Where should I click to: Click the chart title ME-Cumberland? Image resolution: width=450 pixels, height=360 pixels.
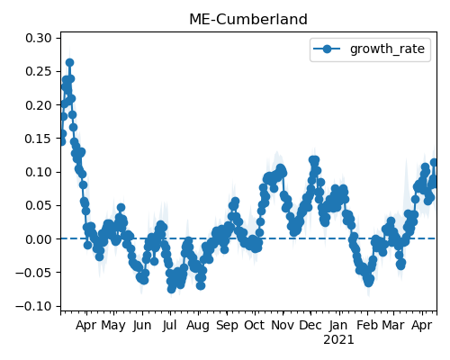[x=248, y=20]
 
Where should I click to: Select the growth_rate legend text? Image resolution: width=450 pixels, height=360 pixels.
[x=387, y=49]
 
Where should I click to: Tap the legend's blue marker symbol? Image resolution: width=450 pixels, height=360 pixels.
[x=327, y=49]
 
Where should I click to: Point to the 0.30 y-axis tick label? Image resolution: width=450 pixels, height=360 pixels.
[x=39, y=38]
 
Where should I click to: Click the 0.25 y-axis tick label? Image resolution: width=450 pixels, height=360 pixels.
[x=39, y=72]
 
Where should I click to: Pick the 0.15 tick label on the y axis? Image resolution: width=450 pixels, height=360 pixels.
[x=39, y=139]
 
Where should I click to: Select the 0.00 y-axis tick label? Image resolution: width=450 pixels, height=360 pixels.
[x=39, y=239]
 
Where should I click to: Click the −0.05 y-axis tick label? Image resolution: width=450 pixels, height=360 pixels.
[x=33, y=273]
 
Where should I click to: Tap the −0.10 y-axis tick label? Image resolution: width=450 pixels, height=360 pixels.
[x=33, y=307]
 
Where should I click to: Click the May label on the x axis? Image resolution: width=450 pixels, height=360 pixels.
[x=113, y=326]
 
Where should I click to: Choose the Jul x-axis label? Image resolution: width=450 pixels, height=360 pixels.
[x=170, y=325]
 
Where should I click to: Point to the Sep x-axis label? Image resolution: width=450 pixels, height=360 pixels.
[x=227, y=326]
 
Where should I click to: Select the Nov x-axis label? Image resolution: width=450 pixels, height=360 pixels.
[x=283, y=325]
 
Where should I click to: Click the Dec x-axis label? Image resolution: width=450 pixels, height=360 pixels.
[x=310, y=325]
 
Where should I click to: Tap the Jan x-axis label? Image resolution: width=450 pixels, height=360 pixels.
[x=338, y=325]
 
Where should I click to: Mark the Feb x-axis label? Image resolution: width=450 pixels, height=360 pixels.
[x=367, y=325]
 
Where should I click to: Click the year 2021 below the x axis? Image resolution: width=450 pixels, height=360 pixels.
[x=338, y=340]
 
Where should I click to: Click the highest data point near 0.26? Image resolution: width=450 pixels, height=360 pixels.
[x=69, y=62]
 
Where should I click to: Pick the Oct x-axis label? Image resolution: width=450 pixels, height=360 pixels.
[x=255, y=325]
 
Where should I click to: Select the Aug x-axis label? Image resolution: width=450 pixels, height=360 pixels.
[x=198, y=326]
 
